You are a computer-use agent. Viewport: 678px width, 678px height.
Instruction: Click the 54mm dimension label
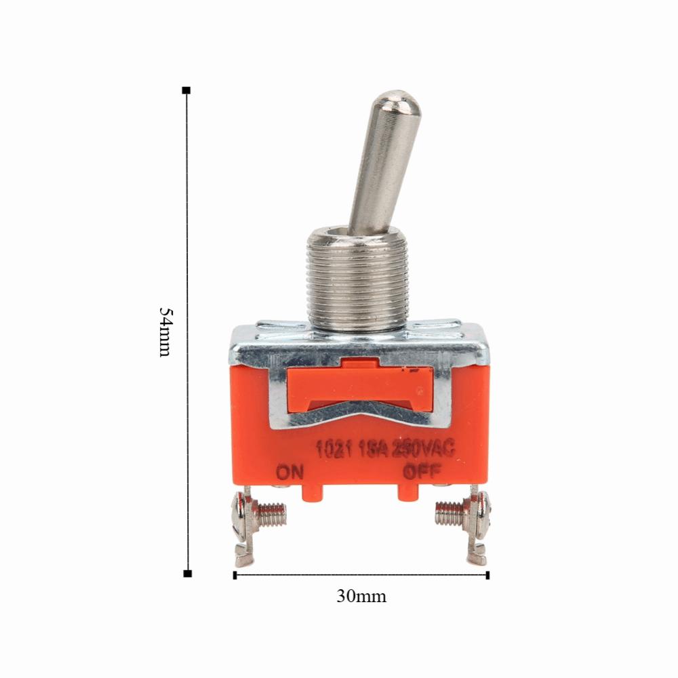[165, 332]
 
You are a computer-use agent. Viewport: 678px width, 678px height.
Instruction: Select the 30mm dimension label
[361, 597]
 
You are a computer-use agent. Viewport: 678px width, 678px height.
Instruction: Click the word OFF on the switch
[422, 470]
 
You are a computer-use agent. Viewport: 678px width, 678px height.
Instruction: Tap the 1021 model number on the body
[333, 450]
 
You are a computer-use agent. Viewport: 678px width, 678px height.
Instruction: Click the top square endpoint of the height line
[186, 89]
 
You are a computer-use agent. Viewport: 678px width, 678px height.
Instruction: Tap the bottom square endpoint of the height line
[187, 574]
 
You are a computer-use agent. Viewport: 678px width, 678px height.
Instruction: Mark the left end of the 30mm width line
[235, 575]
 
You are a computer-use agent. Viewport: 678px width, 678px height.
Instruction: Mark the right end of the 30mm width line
[487, 575]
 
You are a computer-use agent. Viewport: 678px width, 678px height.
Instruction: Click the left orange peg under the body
[313, 493]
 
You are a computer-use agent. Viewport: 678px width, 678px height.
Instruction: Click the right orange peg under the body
[406, 493]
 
